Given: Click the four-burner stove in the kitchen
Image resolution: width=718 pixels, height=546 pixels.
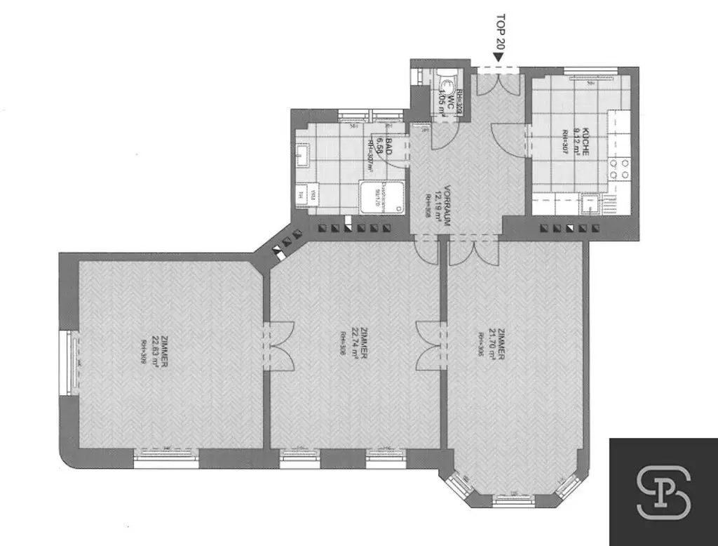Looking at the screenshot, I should (618, 169).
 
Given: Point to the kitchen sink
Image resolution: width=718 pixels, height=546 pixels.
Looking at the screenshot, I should (589, 205).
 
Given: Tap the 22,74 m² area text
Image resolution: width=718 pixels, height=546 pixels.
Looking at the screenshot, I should (355, 343).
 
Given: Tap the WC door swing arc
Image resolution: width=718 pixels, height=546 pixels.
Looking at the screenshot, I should (442, 135).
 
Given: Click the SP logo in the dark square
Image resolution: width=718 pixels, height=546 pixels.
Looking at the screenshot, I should (663, 491).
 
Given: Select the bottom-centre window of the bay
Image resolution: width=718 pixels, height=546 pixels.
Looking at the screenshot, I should (515, 500).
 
